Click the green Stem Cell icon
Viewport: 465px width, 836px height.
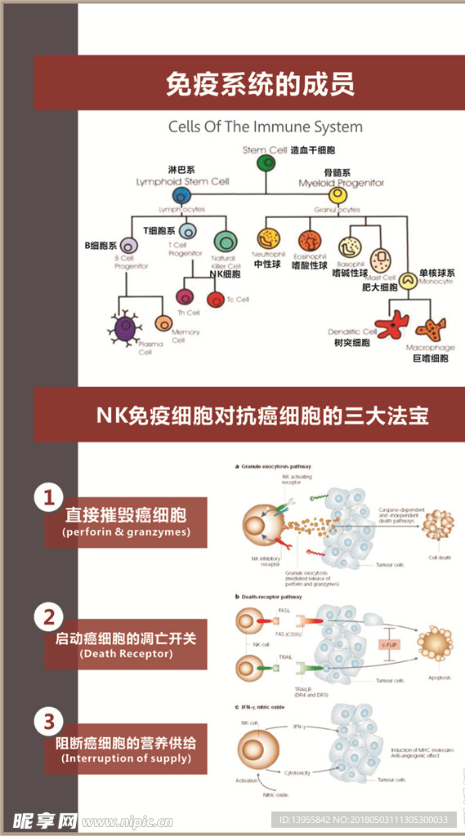266,163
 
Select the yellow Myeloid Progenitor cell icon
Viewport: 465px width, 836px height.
337,196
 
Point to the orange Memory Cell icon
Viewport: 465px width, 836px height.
163,322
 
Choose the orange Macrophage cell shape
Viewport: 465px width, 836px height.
430,329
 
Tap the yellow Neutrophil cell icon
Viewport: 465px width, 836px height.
267,239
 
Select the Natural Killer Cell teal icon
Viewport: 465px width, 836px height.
224,241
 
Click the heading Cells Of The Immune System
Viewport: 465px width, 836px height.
266,127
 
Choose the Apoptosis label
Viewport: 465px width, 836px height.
437,678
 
